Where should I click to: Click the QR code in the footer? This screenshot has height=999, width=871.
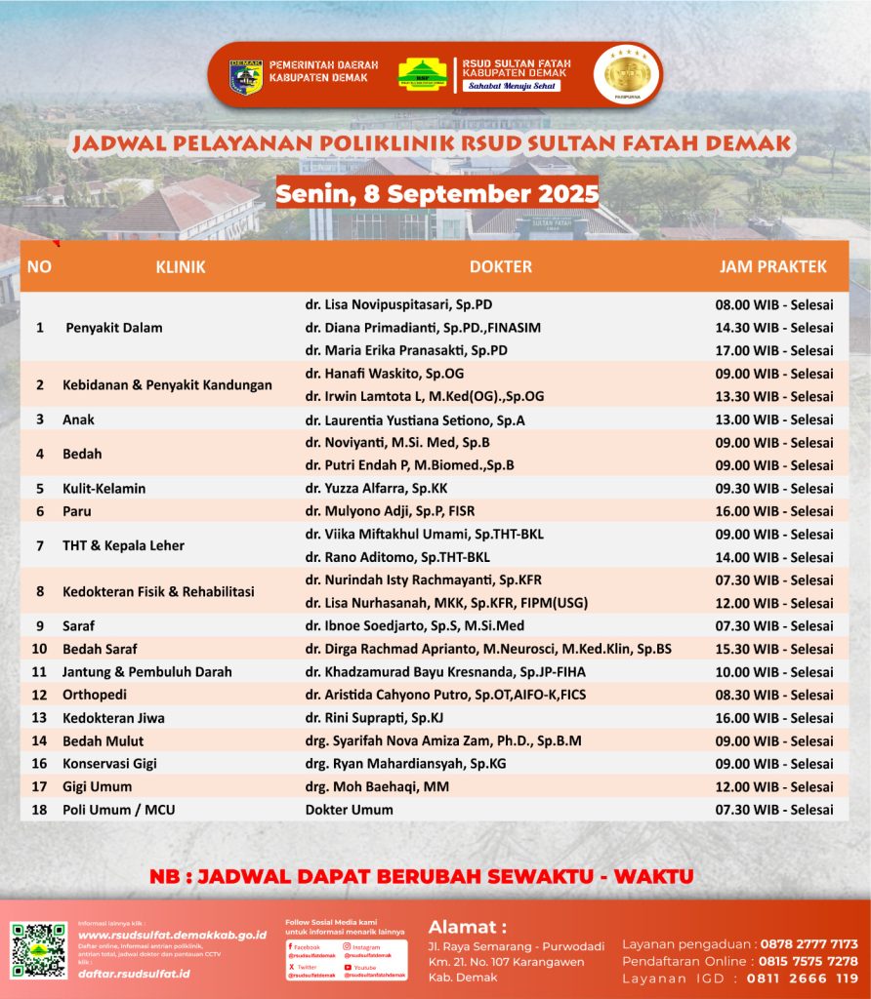[38, 950]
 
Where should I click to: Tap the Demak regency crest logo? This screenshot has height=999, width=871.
[245, 76]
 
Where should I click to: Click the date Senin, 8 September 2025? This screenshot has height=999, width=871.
[436, 193]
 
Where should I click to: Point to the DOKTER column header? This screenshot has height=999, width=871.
[500, 266]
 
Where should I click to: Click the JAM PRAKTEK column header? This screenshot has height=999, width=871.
[772, 266]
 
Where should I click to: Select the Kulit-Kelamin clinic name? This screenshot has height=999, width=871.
[98, 489]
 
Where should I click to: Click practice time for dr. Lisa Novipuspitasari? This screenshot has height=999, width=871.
[773, 304]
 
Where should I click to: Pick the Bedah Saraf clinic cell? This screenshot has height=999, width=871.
[100, 649]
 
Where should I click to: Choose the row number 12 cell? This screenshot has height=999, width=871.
[40, 695]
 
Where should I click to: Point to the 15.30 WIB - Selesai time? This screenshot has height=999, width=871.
[773, 649]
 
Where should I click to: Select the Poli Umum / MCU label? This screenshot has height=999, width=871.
[118, 810]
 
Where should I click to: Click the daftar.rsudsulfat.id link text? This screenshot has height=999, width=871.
[134, 974]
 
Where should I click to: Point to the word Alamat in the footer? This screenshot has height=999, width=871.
[468, 926]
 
